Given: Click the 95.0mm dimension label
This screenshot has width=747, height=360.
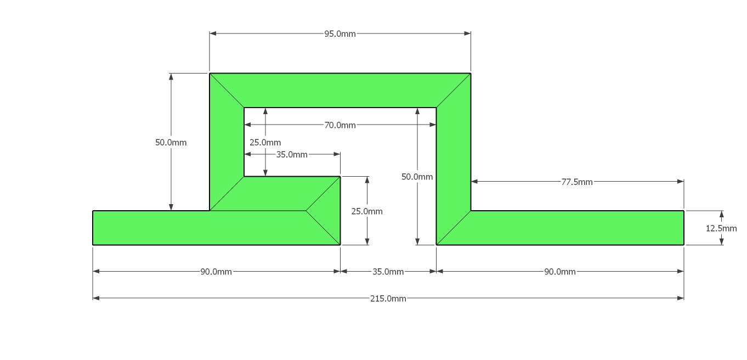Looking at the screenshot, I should (x=340, y=33).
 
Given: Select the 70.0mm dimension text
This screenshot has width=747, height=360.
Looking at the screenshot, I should (x=340, y=125).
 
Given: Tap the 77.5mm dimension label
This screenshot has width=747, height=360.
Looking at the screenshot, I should (x=577, y=182).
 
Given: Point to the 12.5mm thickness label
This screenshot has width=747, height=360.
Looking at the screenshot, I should (x=721, y=228).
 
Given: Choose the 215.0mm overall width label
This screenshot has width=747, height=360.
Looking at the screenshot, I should (x=388, y=299).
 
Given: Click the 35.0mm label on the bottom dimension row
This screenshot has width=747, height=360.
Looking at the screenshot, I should (x=388, y=272).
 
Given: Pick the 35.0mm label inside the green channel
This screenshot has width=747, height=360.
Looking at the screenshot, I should (x=292, y=155).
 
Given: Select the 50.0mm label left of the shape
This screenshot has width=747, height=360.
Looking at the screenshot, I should (x=171, y=143).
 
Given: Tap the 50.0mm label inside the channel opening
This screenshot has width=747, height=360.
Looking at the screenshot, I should (x=417, y=177).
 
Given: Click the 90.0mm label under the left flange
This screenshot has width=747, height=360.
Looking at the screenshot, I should (x=216, y=272).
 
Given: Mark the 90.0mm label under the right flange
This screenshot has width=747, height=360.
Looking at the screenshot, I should (x=560, y=272).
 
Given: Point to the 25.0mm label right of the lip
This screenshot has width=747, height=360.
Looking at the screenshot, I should (x=367, y=211).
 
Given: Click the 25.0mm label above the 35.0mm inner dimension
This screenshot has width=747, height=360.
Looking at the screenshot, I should (x=265, y=143).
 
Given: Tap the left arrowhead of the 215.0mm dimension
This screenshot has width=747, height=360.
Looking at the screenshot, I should (x=96, y=298).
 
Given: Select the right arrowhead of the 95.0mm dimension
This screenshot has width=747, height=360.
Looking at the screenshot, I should (x=467, y=33).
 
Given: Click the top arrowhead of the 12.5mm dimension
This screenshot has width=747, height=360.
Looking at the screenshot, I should (x=721, y=213).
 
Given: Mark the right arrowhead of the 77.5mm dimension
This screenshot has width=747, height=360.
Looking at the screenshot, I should (x=681, y=182).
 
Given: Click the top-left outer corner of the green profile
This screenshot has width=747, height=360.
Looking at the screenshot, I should (x=210, y=74).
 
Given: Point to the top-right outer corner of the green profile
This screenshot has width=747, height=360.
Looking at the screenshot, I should (x=471, y=74).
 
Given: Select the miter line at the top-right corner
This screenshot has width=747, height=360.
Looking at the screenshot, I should (x=454, y=91).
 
